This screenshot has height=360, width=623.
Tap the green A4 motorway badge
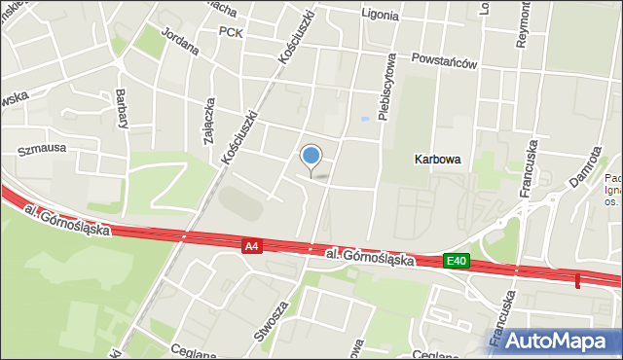[252, 247]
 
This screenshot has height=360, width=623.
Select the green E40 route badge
[457, 260]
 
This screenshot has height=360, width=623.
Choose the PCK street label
[231, 31]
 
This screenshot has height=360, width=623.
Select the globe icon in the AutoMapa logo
[491, 340]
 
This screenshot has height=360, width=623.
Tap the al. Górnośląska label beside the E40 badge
[371, 257]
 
